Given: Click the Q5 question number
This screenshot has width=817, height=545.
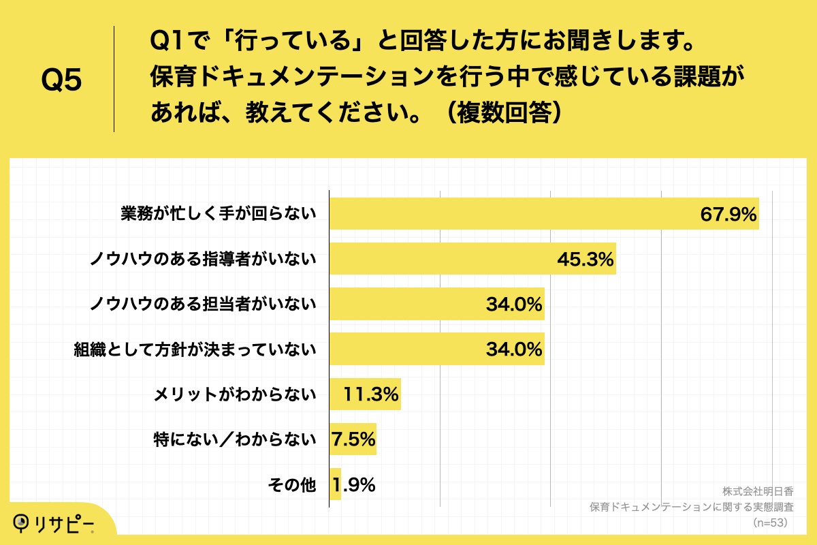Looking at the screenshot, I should [61, 80].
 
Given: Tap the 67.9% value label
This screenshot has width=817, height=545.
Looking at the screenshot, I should [728, 215].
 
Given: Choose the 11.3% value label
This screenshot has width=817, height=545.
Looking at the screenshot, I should [371, 394].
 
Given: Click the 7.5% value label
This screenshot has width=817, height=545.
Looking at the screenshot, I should [353, 439].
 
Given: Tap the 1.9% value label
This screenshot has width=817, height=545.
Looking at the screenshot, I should [354, 484].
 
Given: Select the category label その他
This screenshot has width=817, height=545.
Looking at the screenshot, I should [292, 484].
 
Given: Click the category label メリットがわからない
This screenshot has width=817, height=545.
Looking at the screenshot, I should [235, 394].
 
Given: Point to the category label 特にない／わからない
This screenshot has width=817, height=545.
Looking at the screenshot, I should [235, 439].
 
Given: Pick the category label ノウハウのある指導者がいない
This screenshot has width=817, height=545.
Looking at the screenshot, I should [204, 260].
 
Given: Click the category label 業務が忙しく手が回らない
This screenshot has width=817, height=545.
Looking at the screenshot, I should [219, 215].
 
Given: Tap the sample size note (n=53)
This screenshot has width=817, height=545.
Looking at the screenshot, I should [769, 523].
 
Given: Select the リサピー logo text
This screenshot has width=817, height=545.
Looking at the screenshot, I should [67, 523].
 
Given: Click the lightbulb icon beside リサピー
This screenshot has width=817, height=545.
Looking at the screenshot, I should [23, 523].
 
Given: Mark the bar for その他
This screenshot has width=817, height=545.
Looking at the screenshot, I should [335, 484].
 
